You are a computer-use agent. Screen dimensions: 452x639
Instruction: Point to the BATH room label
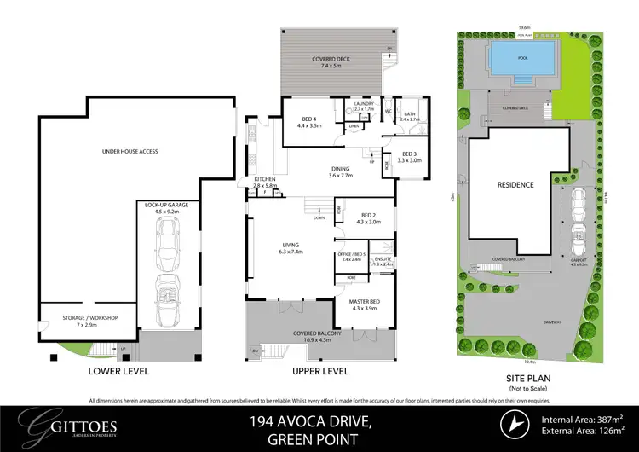click(x=410, y=116)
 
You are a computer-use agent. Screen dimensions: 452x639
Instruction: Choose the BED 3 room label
click(x=410, y=157)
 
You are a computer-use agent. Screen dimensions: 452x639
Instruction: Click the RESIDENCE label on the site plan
click(x=515, y=184)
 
